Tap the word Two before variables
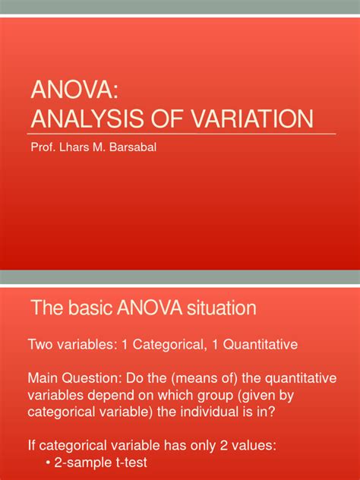coord(40,345)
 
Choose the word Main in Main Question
coord(43,377)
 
